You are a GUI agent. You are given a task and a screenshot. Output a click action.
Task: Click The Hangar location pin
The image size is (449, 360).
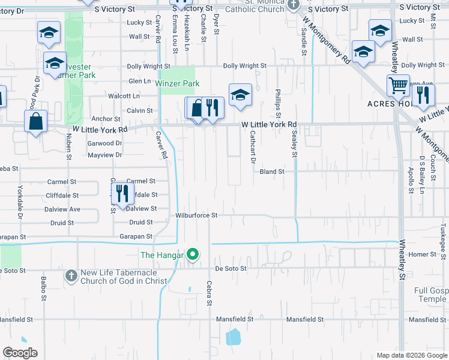click(x=193, y=255)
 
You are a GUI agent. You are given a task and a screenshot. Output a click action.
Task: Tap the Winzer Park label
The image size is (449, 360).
click(x=178, y=84)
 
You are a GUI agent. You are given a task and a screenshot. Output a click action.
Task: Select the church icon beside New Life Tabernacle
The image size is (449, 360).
click(x=71, y=275)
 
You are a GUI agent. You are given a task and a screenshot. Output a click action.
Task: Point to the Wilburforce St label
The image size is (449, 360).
click(x=196, y=215)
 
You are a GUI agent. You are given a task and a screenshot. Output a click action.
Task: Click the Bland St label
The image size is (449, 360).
click(x=272, y=172)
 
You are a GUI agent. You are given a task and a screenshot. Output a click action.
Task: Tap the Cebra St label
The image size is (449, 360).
click(x=209, y=293)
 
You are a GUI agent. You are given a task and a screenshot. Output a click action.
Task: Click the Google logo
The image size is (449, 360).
click(x=20, y=353)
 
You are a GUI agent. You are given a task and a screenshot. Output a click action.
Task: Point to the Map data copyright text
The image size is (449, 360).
click(x=411, y=355)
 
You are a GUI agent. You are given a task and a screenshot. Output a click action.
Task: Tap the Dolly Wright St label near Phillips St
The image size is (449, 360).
click(x=244, y=66)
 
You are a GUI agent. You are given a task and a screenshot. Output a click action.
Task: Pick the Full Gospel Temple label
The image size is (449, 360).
click(x=432, y=295)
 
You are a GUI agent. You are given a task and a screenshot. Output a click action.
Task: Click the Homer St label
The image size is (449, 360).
click(x=422, y=254)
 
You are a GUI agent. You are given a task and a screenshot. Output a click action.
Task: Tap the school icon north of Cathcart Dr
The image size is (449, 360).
click(x=240, y=95)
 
